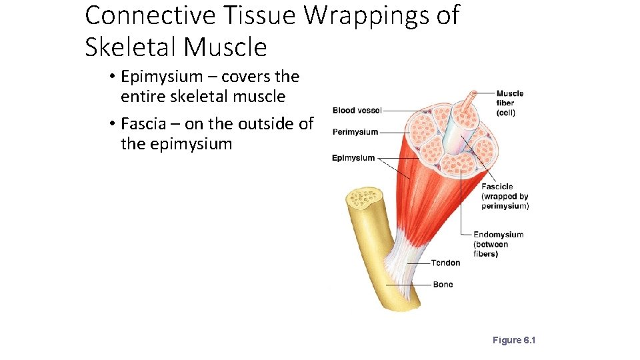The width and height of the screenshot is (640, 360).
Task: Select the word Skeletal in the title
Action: pos(131,47)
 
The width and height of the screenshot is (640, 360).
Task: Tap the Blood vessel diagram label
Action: pos(357,111)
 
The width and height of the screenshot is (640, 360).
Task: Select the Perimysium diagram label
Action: pos(355,132)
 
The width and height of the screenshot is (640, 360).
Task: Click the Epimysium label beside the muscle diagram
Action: pos(353,158)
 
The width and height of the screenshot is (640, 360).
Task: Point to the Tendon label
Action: pos(445,263)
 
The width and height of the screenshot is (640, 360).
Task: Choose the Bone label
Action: pos(443,285)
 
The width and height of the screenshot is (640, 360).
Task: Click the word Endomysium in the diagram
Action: pos(498,235)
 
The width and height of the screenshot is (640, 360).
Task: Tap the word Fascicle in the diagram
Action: pos(497,187)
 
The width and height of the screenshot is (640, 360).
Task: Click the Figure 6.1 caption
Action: pos(514,340)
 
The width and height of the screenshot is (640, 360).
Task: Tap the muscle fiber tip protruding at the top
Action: pos(473,95)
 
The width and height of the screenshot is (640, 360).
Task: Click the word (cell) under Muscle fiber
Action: pos(505,113)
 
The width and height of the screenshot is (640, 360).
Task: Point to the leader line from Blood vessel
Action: pos(400,111)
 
